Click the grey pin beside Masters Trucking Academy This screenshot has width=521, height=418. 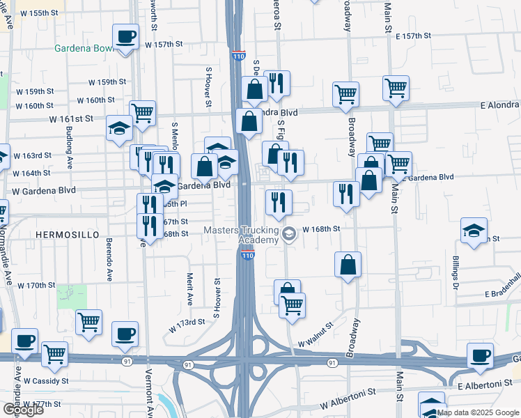point(288,235)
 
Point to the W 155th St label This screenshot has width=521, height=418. point(38,13)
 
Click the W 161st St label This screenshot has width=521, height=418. point(71,119)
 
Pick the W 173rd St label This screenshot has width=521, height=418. point(187,322)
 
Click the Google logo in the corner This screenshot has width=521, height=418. point(23,410)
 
